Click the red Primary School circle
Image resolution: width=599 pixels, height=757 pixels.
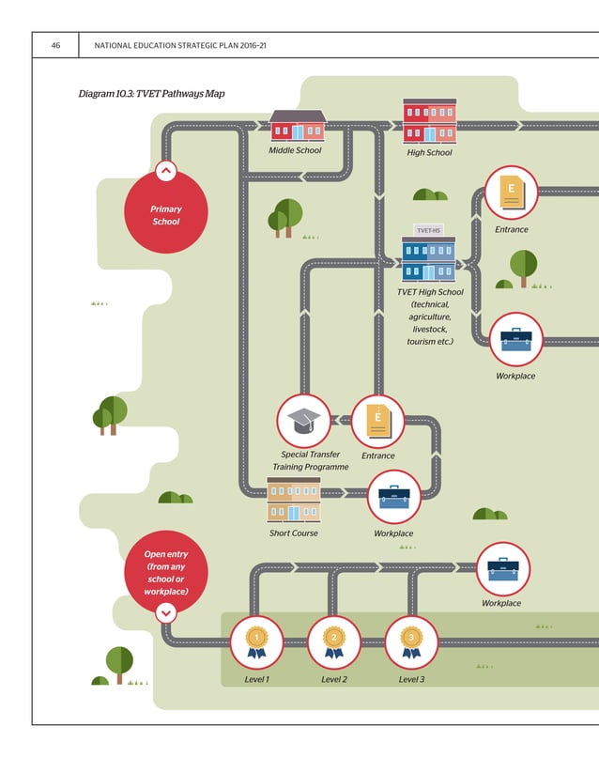point(166,215)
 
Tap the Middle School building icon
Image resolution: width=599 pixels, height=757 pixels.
point(298,125)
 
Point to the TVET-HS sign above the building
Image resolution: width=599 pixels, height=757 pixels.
point(428,230)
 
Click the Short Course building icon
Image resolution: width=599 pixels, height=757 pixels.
point(294,500)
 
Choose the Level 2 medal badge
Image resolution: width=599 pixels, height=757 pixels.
point(333,641)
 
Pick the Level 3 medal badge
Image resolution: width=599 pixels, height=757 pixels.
point(411,641)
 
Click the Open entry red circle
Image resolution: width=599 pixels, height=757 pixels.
point(166,573)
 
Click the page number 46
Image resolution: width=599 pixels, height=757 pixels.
point(56,45)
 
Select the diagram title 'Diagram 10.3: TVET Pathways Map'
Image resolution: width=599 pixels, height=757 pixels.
point(152,94)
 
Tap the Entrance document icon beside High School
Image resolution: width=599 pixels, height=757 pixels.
point(511,193)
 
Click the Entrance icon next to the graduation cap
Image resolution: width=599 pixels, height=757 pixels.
point(377,421)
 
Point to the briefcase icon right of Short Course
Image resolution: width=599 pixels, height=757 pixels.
point(393,498)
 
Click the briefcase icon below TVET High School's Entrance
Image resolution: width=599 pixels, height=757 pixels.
point(515,340)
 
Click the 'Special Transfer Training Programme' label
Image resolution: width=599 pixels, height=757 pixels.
point(311,460)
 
